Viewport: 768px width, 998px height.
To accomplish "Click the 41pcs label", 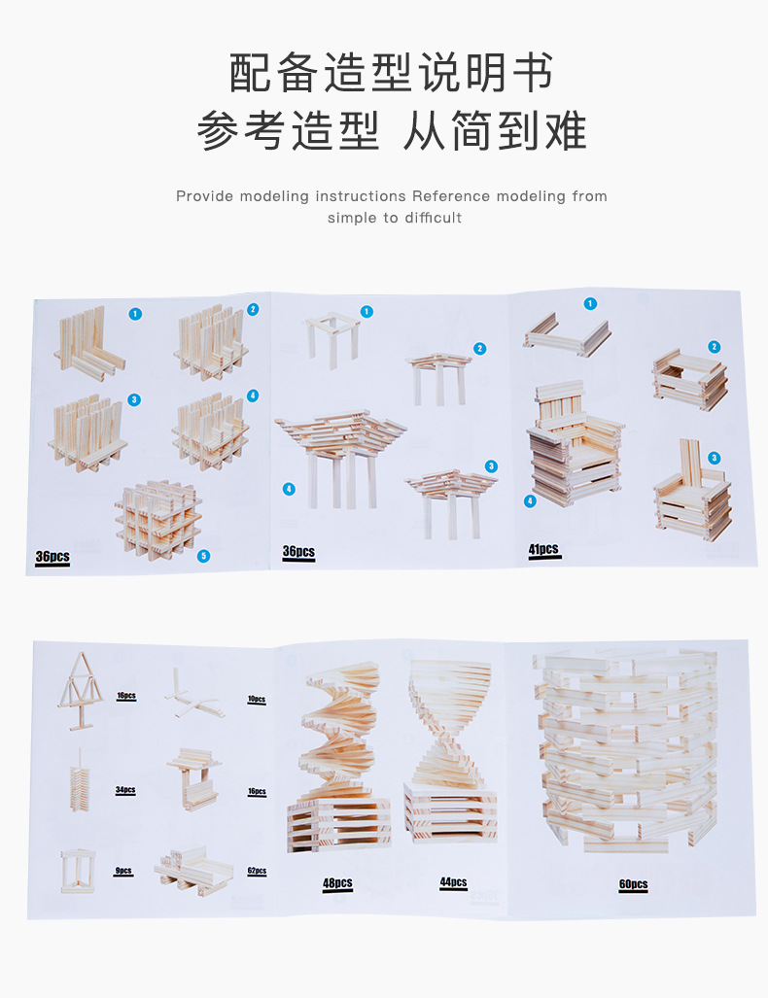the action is [x=543, y=549].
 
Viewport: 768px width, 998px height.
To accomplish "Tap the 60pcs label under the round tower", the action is [x=633, y=884].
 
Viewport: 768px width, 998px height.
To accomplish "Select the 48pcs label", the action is [x=337, y=882].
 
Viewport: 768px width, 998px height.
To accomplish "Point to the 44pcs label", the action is [x=453, y=881].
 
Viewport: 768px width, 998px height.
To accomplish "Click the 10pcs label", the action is [x=257, y=699].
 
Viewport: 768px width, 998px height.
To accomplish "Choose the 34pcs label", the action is [x=125, y=790].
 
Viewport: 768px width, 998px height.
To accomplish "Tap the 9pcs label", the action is [x=123, y=871].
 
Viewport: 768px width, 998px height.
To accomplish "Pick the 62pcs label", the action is [x=257, y=871].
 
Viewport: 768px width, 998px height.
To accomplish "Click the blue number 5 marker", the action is [x=204, y=556].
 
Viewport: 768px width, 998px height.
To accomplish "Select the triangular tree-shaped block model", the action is [x=81, y=691].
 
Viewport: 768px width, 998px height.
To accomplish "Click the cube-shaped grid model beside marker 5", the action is [x=157, y=520].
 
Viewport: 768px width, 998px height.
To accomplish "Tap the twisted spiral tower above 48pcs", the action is [x=337, y=757].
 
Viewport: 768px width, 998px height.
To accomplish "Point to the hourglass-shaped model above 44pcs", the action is [x=450, y=751].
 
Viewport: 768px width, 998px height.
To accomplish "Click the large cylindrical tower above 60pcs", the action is [x=627, y=751].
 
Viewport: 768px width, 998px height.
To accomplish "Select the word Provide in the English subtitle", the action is [x=204, y=196].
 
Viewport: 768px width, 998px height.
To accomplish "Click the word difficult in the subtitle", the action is [x=433, y=218].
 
